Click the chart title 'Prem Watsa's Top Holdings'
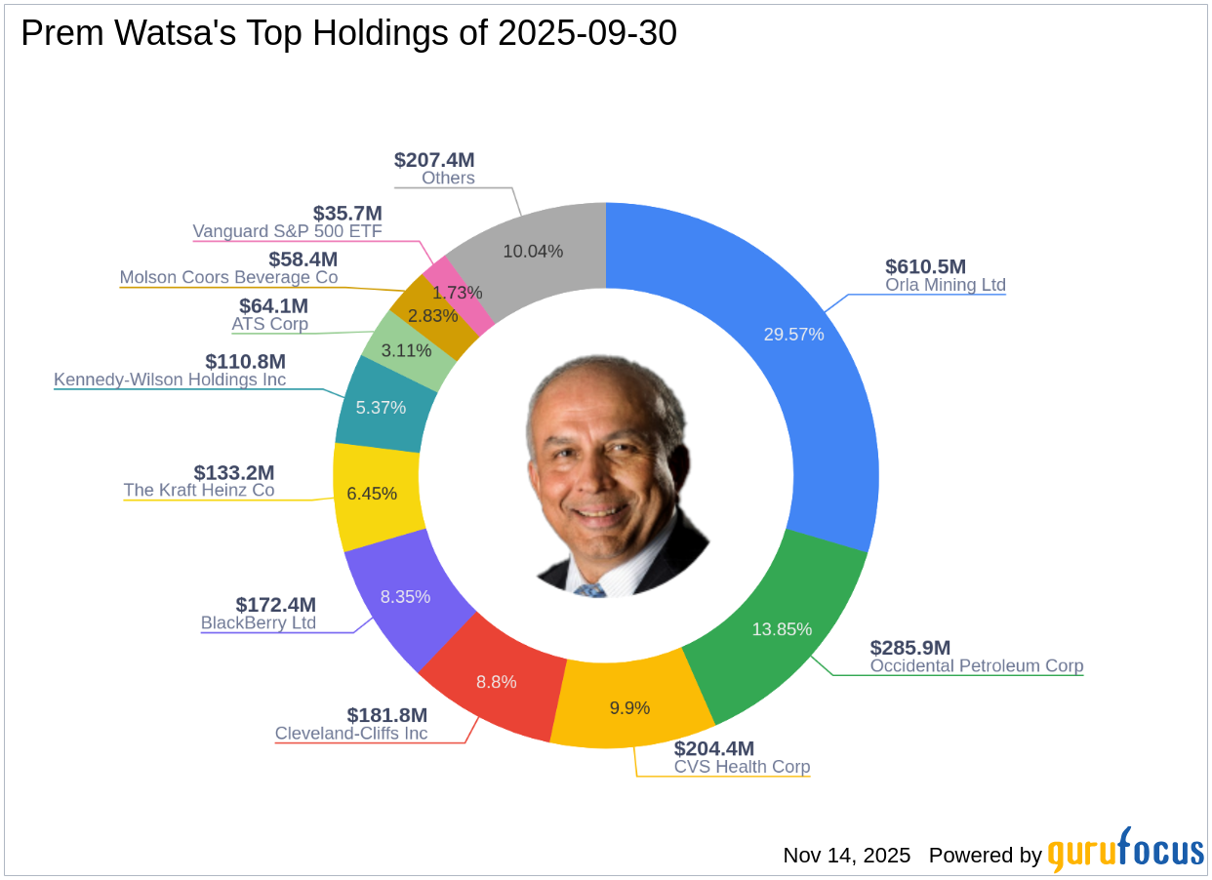pyautogui.click(x=348, y=34)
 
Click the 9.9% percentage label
pyautogui.click(x=629, y=707)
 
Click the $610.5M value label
pyautogui.click(x=925, y=266)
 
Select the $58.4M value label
pyautogui.click(x=303, y=259)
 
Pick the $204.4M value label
pyautogui.click(x=714, y=748)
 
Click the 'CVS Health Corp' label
pyautogui.click(x=742, y=767)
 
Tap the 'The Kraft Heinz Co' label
pyautogui.click(x=198, y=490)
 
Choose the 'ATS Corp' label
pyautogui.click(x=269, y=324)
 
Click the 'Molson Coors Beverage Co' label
pyautogui.click(x=228, y=277)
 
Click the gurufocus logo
pyautogui.click(x=1125, y=851)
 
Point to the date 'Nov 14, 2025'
pyautogui.click(x=846, y=856)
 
